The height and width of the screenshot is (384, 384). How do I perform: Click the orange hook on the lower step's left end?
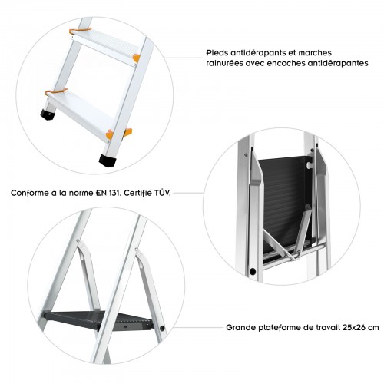pyautogui.click(x=50, y=93)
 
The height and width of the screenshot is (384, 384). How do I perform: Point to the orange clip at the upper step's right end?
pyautogui.click(x=136, y=58)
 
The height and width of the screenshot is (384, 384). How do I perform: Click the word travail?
pyautogui.click(x=326, y=326)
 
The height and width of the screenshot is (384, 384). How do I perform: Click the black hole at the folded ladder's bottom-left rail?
pyautogui.click(x=251, y=272)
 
